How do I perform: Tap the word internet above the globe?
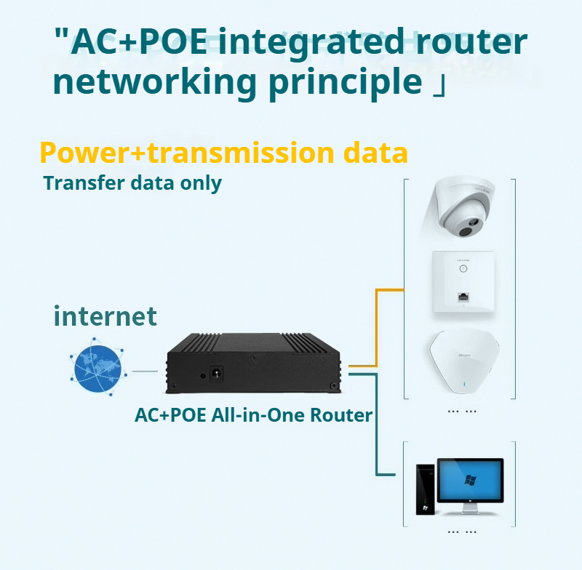105,316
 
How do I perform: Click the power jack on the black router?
216,374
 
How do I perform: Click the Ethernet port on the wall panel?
462,297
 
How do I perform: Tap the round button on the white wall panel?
462,268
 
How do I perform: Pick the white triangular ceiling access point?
462,362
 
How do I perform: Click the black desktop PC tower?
423,489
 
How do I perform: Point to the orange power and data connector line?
376,327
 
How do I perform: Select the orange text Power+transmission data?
223,153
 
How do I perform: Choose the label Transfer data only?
132,182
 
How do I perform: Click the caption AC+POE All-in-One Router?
253,415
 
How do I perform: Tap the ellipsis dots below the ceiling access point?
462,411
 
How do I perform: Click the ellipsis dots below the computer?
462,531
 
